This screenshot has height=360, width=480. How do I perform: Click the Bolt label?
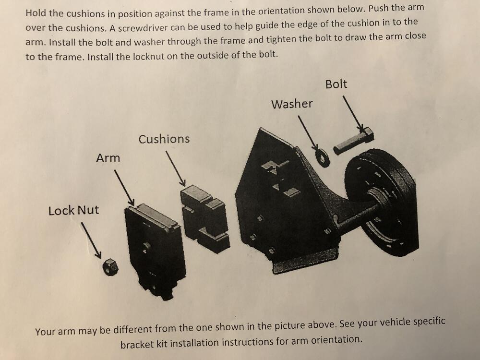point(336,84)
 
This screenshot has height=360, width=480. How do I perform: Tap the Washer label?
point(292,104)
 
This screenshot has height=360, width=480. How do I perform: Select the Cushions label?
point(164,139)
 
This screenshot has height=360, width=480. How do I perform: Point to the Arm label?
point(108,158)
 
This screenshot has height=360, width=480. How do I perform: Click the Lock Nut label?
point(73,210)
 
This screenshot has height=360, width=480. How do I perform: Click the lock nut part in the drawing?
point(110,267)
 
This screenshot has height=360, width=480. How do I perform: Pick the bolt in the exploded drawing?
point(354,142)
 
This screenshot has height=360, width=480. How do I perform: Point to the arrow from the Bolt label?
point(353,114)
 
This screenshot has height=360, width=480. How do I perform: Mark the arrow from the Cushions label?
point(176,168)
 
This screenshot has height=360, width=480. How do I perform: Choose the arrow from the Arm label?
point(124,188)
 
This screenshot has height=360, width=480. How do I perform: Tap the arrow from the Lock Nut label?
point(91,240)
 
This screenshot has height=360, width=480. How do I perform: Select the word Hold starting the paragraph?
point(36,13)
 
